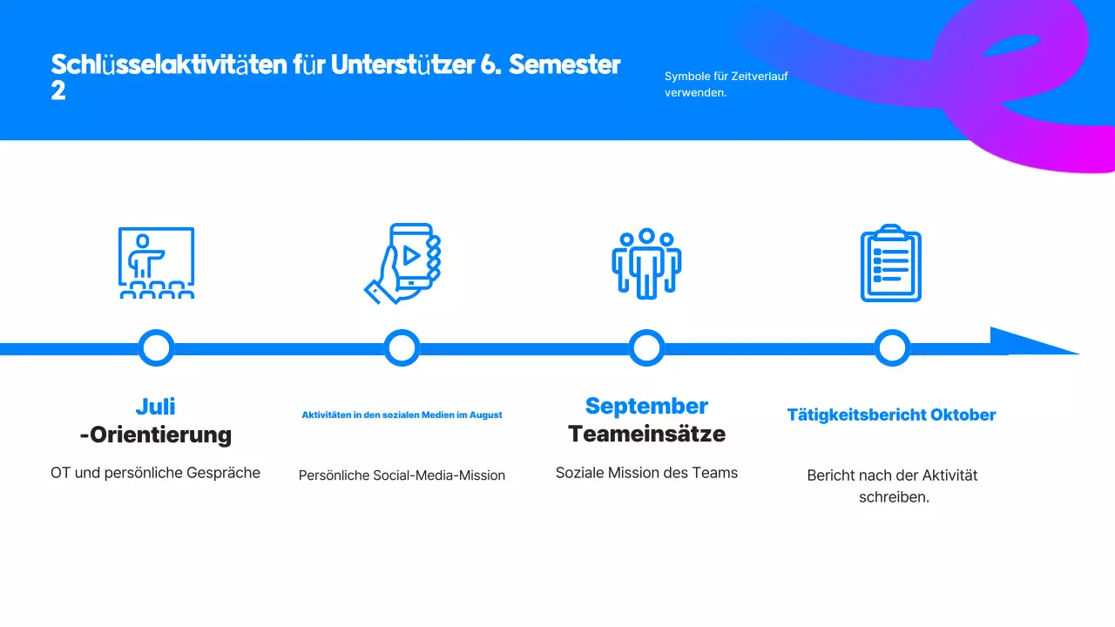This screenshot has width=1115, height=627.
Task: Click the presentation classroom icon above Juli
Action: (156, 263)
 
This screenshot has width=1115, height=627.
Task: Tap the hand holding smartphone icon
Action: (402, 264)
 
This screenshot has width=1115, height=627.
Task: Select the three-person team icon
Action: (646, 264)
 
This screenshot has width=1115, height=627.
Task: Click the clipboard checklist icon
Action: (890, 264)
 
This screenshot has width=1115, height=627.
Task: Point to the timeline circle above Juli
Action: (156, 348)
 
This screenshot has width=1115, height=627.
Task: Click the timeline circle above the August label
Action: (402, 348)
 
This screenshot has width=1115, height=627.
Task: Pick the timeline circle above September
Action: (646, 348)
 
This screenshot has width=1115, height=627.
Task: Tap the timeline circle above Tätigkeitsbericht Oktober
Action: (892, 348)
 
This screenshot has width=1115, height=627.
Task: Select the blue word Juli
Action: (156, 406)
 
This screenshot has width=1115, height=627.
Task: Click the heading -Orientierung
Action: (156, 435)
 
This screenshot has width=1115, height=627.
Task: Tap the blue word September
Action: (646, 406)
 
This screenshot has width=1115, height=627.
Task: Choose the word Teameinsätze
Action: (646, 434)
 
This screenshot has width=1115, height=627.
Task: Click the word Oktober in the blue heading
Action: (963, 415)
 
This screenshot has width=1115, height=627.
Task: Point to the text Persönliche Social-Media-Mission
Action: (402, 475)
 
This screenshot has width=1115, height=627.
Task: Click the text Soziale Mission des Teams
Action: (646, 473)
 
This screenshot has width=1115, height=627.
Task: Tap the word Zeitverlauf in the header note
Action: (761, 77)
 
